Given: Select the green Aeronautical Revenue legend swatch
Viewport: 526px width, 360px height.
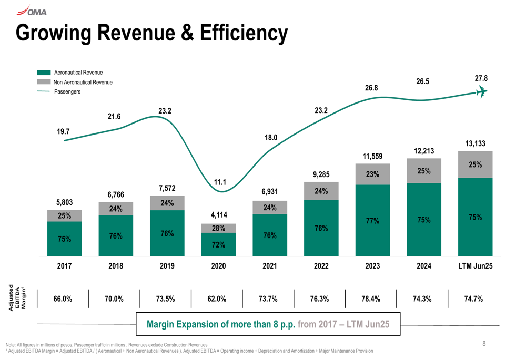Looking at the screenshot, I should [44, 73].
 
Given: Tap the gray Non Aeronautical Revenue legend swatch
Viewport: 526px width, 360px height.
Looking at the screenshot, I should [44, 82].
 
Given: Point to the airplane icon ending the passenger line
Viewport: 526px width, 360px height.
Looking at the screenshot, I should [480, 92].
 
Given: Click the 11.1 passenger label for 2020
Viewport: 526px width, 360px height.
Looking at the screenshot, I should [220, 182].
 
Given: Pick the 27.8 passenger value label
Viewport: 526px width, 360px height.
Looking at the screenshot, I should [481, 78].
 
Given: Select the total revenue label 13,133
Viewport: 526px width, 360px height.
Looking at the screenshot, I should [475, 143].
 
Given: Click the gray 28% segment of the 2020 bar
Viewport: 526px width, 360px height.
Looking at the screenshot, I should [218, 228].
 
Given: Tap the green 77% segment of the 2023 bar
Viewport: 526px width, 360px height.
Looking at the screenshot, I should [372, 221].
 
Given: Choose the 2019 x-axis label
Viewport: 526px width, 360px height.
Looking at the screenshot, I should [167, 266].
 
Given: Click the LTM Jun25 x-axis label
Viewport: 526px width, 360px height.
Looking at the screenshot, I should [475, 266].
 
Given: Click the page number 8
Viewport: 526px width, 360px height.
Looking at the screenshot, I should [484, 344].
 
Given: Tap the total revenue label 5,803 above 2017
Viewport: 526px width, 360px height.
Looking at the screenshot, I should [64, 202].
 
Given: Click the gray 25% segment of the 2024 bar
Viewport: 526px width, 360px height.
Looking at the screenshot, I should [424, 171].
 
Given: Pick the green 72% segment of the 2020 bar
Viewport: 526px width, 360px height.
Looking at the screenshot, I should [218, 244].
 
